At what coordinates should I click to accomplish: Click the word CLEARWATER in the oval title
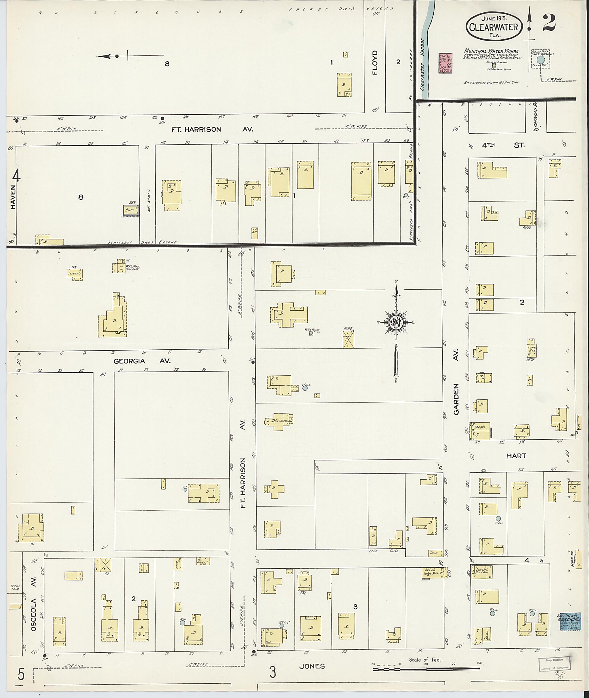(x=493, y=27)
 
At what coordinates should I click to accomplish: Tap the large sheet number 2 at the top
(x=549, y=23)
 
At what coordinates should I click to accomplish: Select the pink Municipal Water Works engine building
(x=445, y=63)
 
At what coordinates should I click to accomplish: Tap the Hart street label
(x=516, y=456)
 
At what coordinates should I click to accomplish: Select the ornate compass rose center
(x=396, y=322)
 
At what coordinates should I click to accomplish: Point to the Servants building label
(x=74, y=274)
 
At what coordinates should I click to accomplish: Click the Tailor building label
(x=434, y=553)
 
